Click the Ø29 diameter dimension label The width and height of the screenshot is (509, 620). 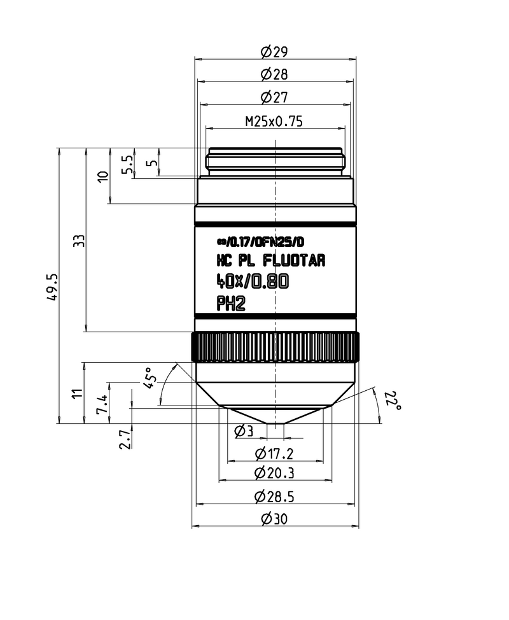coord(274,52)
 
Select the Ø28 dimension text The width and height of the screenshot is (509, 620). coord(274,74)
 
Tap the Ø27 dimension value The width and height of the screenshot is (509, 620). coord(274,97)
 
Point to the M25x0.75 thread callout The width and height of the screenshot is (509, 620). coord(274,121)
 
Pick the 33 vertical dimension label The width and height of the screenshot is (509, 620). coord(79,241)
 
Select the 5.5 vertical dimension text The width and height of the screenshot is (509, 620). coord(127,165)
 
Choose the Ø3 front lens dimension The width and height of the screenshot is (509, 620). coord(244,432)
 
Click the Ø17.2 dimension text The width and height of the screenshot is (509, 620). coord(274,454)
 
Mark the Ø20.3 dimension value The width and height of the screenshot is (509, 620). coord(274,473)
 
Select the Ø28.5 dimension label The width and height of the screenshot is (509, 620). coord(274,496)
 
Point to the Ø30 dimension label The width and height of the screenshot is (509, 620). coord(274,519)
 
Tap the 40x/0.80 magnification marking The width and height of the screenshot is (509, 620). coord(253,281)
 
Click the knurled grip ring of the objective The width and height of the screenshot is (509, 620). coord(274,347)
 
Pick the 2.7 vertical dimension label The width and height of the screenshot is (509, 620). coord(125,439)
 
